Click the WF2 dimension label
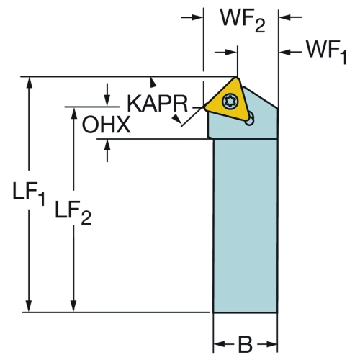coord(243,21)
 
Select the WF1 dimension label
coord(327,53)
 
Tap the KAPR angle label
coord(157,104)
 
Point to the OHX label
coord(106,125)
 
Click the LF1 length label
coord(29,194)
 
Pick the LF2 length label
coord(73,212)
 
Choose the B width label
coord(246,344)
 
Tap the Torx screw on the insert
coord(230,102)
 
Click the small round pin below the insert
coord(250,120)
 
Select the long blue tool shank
coord(246,225)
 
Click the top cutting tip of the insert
coord(237,78)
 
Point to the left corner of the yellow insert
coord(205,107)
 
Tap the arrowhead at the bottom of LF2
coord(73,306)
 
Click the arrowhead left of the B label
coord(220,344)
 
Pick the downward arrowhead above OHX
coord(107,100)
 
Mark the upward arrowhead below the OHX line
coord(107,145)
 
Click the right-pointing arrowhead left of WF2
coord(197,17)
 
